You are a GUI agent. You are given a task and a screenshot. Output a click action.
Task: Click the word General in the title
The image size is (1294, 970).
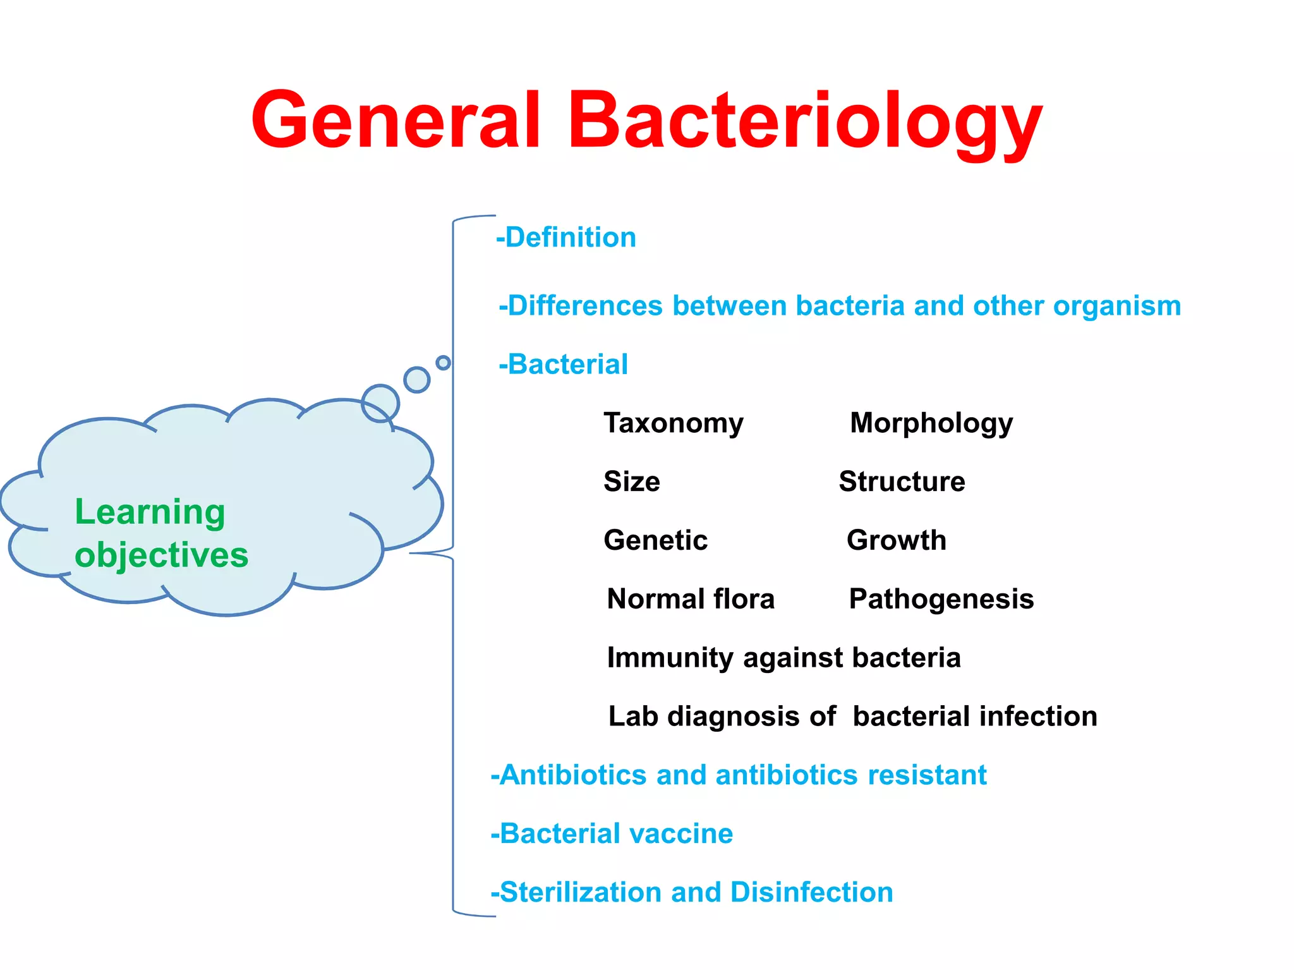point(396,120)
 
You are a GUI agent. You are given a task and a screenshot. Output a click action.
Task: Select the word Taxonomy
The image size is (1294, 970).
point(674,423)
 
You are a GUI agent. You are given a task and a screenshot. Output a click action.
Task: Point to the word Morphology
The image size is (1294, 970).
point(931,423)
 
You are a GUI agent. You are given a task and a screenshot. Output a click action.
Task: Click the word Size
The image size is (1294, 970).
point(632,482)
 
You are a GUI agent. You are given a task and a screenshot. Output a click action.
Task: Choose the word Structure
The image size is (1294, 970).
point(902,482)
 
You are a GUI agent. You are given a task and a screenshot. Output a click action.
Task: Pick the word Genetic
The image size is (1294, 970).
point(655,540)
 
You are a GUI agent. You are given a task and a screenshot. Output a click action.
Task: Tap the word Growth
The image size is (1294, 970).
point(896,540)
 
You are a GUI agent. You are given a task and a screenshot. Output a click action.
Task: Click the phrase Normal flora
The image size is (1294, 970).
point(690,599)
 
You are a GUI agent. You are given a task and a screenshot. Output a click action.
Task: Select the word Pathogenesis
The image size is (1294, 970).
point(941,599)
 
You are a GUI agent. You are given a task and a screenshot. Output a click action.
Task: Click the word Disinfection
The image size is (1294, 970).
point(811,892)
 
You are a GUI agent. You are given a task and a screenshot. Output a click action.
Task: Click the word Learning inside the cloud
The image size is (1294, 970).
point(150,512)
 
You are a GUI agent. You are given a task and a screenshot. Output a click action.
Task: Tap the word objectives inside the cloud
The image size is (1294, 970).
point(162,555)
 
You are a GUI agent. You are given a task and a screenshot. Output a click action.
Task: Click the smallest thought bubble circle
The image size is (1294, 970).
point(444,363)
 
